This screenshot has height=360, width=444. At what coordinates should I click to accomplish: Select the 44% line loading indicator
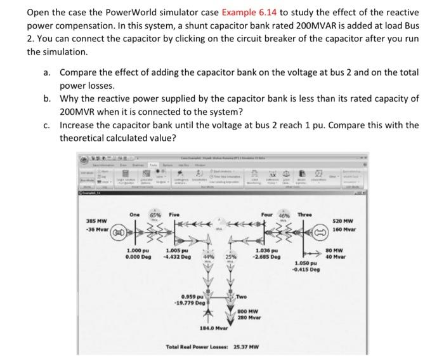[x=207, y=256]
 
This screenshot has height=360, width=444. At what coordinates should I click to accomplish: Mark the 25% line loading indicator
[x=230, y=256]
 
